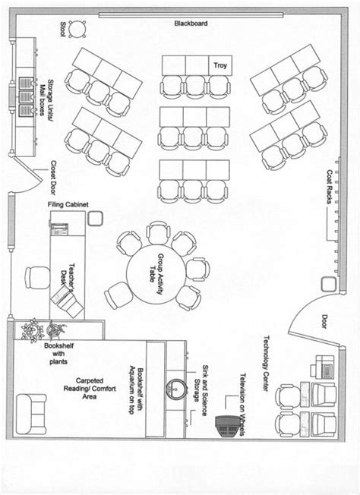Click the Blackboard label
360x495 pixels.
[x=190, y=24]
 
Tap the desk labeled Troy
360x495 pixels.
[x=220, y=66]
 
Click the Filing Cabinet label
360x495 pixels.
[x=68, y=204]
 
